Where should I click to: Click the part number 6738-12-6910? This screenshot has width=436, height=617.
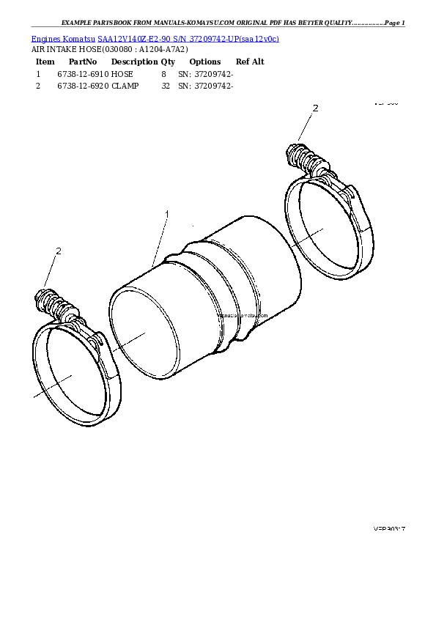coord(82,74)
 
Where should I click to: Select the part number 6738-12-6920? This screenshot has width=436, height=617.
coord(82,86)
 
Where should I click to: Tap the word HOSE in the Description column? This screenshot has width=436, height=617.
coord(122,74)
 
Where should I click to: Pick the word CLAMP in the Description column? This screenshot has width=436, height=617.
coord(125,86)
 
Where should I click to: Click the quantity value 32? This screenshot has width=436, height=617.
coord(165,86)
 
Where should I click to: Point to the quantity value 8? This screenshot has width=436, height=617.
coord(163,74)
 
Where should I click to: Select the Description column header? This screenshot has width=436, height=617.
coord(134,62)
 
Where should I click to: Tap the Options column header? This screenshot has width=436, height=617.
coord(204,62)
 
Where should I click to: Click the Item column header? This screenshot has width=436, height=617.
coord(45,62)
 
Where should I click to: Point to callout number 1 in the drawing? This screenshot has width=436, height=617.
coord(167,214)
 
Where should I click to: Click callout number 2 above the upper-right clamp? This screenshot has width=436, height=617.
coord(316,108)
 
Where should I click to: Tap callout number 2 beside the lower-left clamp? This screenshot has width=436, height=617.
coord(58,251)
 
